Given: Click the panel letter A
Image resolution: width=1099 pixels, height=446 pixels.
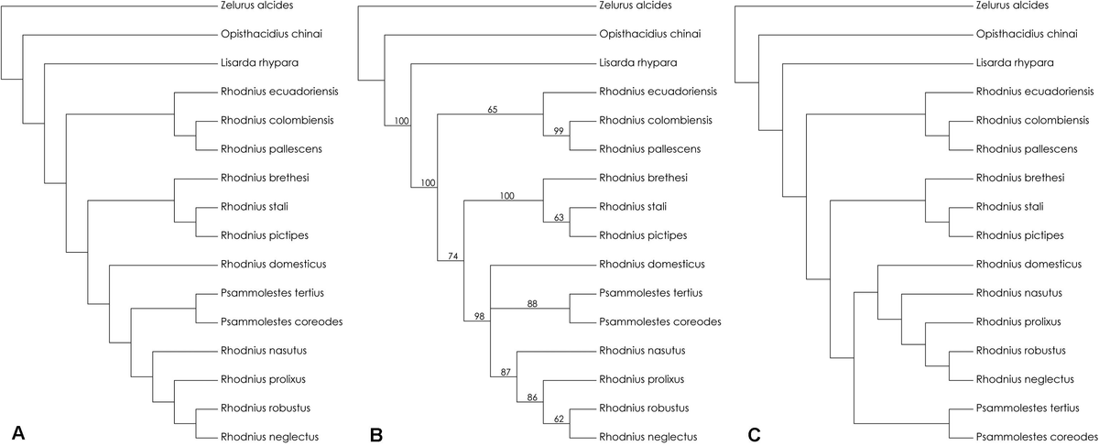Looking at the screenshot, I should click(x=16, y=434).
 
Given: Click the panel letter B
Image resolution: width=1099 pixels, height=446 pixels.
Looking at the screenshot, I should click(x=376, y=434).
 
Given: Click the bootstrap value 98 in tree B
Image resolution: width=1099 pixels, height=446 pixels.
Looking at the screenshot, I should click(x=480, y=315).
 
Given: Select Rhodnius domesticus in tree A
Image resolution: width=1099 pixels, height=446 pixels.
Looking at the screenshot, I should click(x=274, y=264).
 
